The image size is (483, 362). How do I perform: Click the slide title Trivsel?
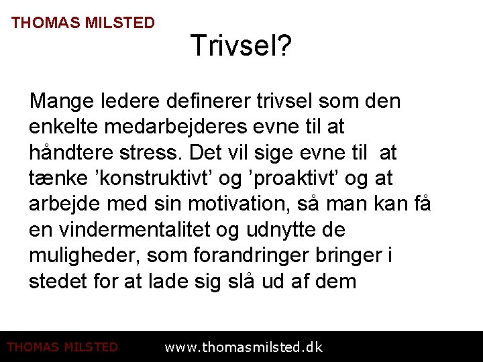click(x=241, y=46)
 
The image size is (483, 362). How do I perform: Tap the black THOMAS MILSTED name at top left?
click(x=83, y=23)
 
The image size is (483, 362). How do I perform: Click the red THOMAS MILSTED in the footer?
click(x=62, y=347)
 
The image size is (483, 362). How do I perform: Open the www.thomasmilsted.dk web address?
click(x=244, y=347)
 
